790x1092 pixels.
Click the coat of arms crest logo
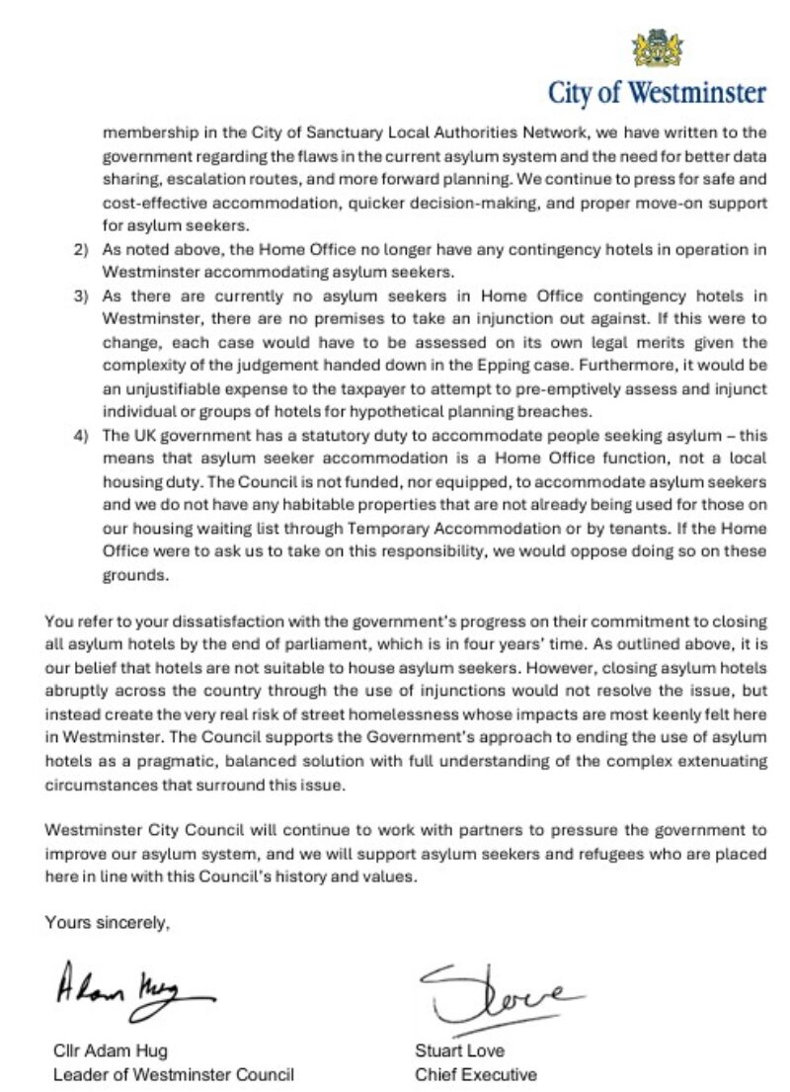pos(657,47)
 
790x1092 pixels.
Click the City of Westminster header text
pos(657,93)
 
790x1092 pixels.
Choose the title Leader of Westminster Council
pos(173,1074)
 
